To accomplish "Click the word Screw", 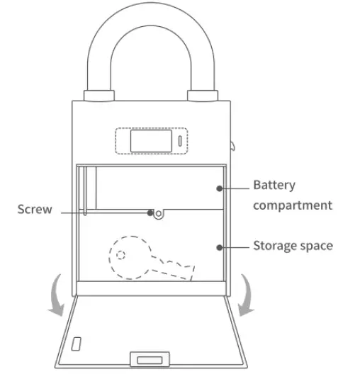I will click(35, 210).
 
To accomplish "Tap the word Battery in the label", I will click(274, 186).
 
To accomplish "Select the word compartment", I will click(293, 205).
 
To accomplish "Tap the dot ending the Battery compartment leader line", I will click(220, 188).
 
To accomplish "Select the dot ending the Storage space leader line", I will click(220, 247).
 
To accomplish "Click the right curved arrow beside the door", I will click(245, 294).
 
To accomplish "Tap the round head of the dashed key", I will click(127, 256).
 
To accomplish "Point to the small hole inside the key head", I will click(121, 255).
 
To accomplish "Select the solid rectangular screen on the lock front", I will click(148, 140).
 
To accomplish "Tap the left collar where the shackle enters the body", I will click(99, 95).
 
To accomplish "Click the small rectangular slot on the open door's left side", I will click(76, 344).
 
